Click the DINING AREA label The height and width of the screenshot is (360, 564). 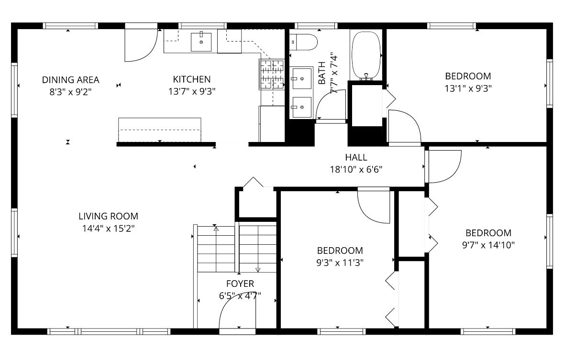click(x=70, y=80)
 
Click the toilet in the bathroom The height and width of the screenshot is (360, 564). click(x=304, y=42)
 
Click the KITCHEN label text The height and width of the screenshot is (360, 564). click(x=191, y=79)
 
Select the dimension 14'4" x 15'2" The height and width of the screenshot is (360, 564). click(x=108, y=229)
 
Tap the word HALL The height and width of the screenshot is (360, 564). click(x=356, y=157)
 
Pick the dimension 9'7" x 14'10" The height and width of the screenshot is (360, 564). click(x=488, y=245)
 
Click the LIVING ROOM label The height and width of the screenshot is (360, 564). click(x=108, y=216)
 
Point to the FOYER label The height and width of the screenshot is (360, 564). click(x=240, y=284)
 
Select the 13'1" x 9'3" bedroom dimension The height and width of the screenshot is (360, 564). click(x=468, y=88)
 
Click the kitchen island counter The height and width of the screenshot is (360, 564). click(x=159, y=129)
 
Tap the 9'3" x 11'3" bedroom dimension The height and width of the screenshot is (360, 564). click(x=340, y=262)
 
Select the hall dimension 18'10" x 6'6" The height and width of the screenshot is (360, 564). click(x=356, y=169)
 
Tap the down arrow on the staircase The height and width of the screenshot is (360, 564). click(x=258, y=270)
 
